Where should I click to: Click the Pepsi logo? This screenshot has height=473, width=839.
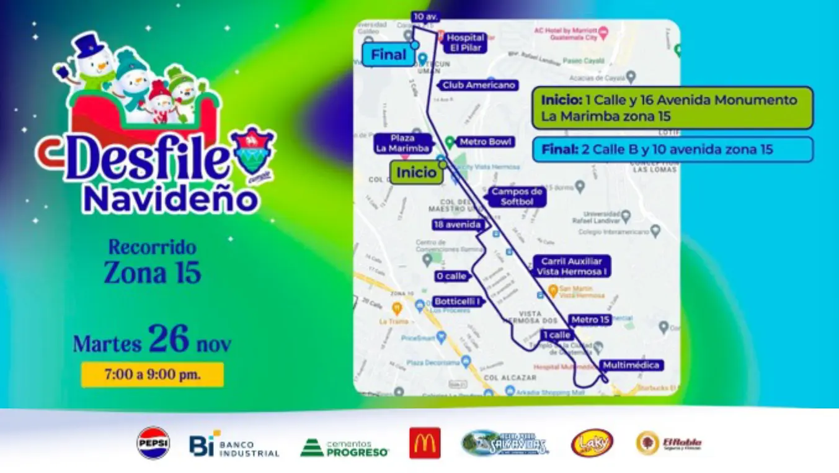coord(153,443)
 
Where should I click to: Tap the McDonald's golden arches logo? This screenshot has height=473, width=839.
coord(425,443)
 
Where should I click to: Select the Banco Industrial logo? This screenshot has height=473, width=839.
coord(234,445)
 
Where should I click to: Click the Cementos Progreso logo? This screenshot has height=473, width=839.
coord(345,447)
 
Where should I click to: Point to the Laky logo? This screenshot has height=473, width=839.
coord(592,443)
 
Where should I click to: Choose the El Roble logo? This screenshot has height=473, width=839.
coord(669,443)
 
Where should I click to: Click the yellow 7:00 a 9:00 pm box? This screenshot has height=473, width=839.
coord(152,375)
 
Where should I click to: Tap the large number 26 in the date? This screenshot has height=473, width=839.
coord(168,339)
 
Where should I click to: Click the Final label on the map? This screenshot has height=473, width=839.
coord(388,55)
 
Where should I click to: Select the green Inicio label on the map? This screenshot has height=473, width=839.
coord(416,173)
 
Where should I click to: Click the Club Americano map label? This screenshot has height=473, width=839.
coord(478,85)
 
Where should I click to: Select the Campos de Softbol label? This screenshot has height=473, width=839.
coord(517,197)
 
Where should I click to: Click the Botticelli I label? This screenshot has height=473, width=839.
coord(458,301)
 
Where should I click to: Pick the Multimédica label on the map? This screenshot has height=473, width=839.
coord(631,365)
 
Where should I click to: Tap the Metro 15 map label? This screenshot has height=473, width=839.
coord(590,320)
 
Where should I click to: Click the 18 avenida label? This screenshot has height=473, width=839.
coord(458,224)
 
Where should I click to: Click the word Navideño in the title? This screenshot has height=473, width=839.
coord(171,199)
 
